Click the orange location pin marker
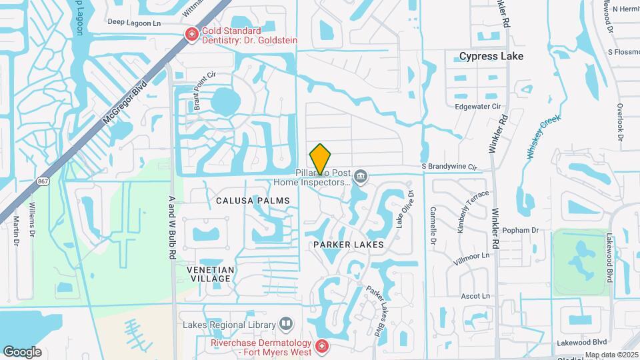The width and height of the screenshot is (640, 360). [321, 159]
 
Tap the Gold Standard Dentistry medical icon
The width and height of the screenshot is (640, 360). [191, 35]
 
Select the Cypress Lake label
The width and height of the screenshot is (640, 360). [491, 57]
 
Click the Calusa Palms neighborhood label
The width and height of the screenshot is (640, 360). [253, 200]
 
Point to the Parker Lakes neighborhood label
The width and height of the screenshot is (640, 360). [349, 245]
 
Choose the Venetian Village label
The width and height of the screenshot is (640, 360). [210, 274]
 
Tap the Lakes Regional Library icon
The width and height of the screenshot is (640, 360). [286, 325]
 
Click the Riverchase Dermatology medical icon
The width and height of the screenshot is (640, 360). [321, 346]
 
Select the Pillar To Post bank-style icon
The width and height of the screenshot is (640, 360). [361, 177]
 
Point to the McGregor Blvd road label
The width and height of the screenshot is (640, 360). [125, 101]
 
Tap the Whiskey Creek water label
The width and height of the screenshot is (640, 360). [543, 137]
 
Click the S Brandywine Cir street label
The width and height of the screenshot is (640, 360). [449, 166]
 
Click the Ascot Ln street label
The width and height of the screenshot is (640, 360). [475, 295]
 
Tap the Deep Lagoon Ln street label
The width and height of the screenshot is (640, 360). [135, 23]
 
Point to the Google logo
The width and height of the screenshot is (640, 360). [22, 352]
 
